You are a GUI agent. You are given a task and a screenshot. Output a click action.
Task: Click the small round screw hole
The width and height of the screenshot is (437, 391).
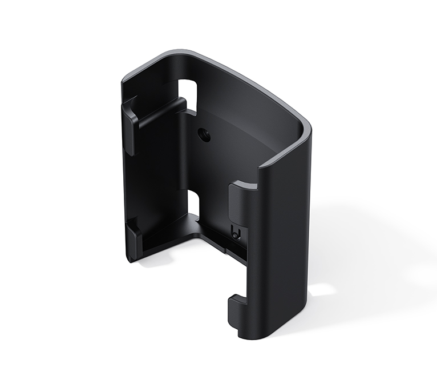tap(203, 135)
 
